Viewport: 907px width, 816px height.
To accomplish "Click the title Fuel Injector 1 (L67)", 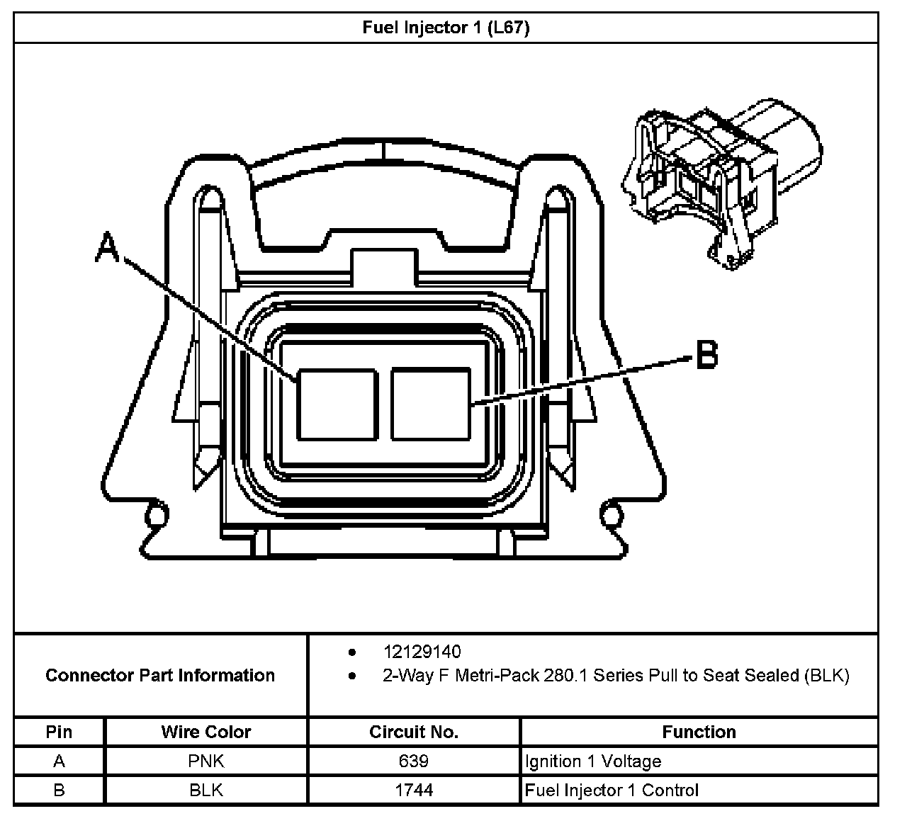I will (x=446, y=28).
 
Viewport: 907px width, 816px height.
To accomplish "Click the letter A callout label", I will (x=107, y=249).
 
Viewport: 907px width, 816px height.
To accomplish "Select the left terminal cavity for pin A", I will (x=337, y=403).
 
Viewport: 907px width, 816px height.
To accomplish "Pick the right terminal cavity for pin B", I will (x=431, y=403).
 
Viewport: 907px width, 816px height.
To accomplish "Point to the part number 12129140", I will (x=422, y=652).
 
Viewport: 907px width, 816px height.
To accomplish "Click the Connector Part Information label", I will (x=160, y=675).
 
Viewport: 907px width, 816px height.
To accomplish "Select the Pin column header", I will (x=59, y=732).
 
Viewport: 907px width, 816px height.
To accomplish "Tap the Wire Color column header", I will (x=206, y=732).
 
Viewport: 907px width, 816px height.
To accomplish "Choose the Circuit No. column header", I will (x=414, y=732).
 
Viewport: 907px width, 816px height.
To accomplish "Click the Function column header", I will (x=699, y=732).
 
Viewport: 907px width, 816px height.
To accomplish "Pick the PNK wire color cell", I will (x=206, y=761).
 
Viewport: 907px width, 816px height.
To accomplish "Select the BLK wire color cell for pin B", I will (x=206, y=790).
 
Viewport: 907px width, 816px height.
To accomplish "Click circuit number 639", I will (x=414, y=761).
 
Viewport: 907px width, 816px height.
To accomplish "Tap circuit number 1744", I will (x=414, y=790).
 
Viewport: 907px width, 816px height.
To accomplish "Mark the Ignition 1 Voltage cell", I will (x=593, y=761).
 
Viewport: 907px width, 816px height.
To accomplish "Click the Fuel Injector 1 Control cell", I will (x=612, y=790).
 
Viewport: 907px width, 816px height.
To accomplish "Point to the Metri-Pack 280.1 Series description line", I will (x=615, y=675).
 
